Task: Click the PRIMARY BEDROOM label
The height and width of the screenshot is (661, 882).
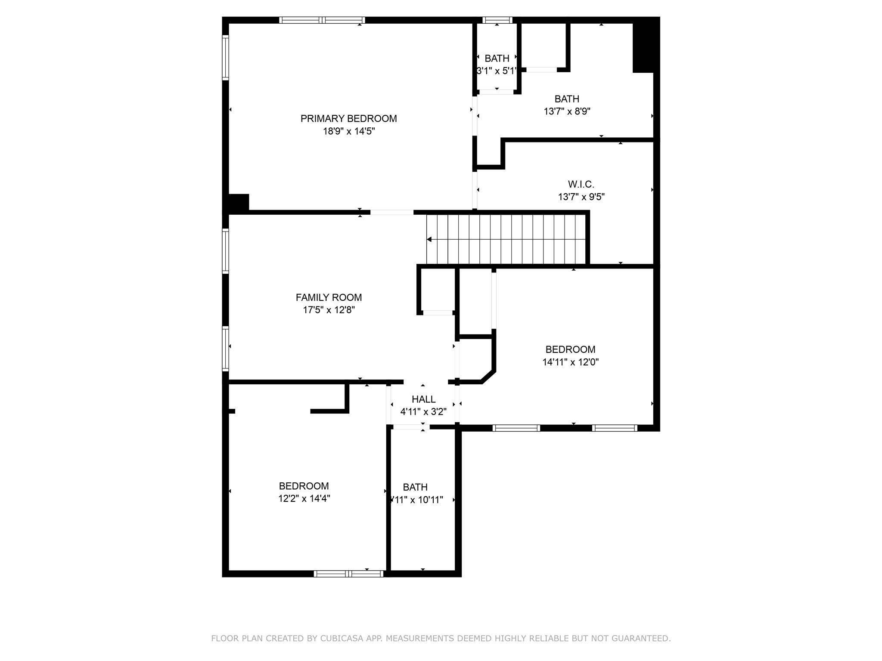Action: pos(348,118)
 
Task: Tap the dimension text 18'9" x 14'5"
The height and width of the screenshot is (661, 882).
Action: pos(349,131)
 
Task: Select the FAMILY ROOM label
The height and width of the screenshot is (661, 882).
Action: pos(329,297)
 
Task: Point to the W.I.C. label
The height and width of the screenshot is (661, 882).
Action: pos(581,184)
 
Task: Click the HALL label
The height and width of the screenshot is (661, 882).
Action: pos(423,399)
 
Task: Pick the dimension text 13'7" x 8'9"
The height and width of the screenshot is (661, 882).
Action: pos(567,111)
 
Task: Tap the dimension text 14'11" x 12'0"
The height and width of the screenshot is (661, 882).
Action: pos(570,362)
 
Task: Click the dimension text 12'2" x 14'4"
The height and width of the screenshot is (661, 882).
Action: pos(304,499)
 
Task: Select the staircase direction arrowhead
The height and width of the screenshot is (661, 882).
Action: pos(429,239)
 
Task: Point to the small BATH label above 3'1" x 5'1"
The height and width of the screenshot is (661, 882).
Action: pos(497,59)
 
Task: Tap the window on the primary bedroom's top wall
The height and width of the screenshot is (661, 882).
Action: pos(322,20)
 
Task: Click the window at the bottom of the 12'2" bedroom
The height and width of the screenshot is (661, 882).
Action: pos(348,574)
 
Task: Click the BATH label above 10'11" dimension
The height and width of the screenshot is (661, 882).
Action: pos(415,487)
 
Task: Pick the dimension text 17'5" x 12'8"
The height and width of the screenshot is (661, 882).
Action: pos(329,310)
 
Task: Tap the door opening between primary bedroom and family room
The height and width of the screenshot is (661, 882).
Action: pos(391,212)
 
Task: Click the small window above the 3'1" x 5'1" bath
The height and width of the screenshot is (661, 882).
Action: pos(497,20)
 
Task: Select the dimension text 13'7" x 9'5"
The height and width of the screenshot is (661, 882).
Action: pos(581,197)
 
